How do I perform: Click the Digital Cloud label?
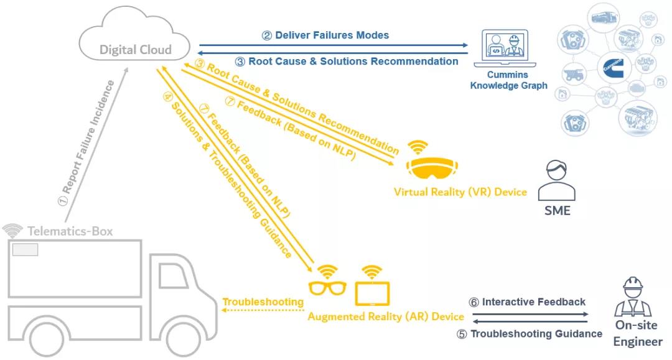tap(135, 50)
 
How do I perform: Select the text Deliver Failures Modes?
tap(325, 35)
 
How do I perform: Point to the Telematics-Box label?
tap(70, 231)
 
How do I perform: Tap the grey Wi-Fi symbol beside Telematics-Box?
tap(12, 231)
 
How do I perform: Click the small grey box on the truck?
tap(26, 249)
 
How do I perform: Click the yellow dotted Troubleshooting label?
tap(263, 302)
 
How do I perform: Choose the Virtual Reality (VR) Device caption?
tap(460, 192)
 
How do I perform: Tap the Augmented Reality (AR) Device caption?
tap(386, 316)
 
